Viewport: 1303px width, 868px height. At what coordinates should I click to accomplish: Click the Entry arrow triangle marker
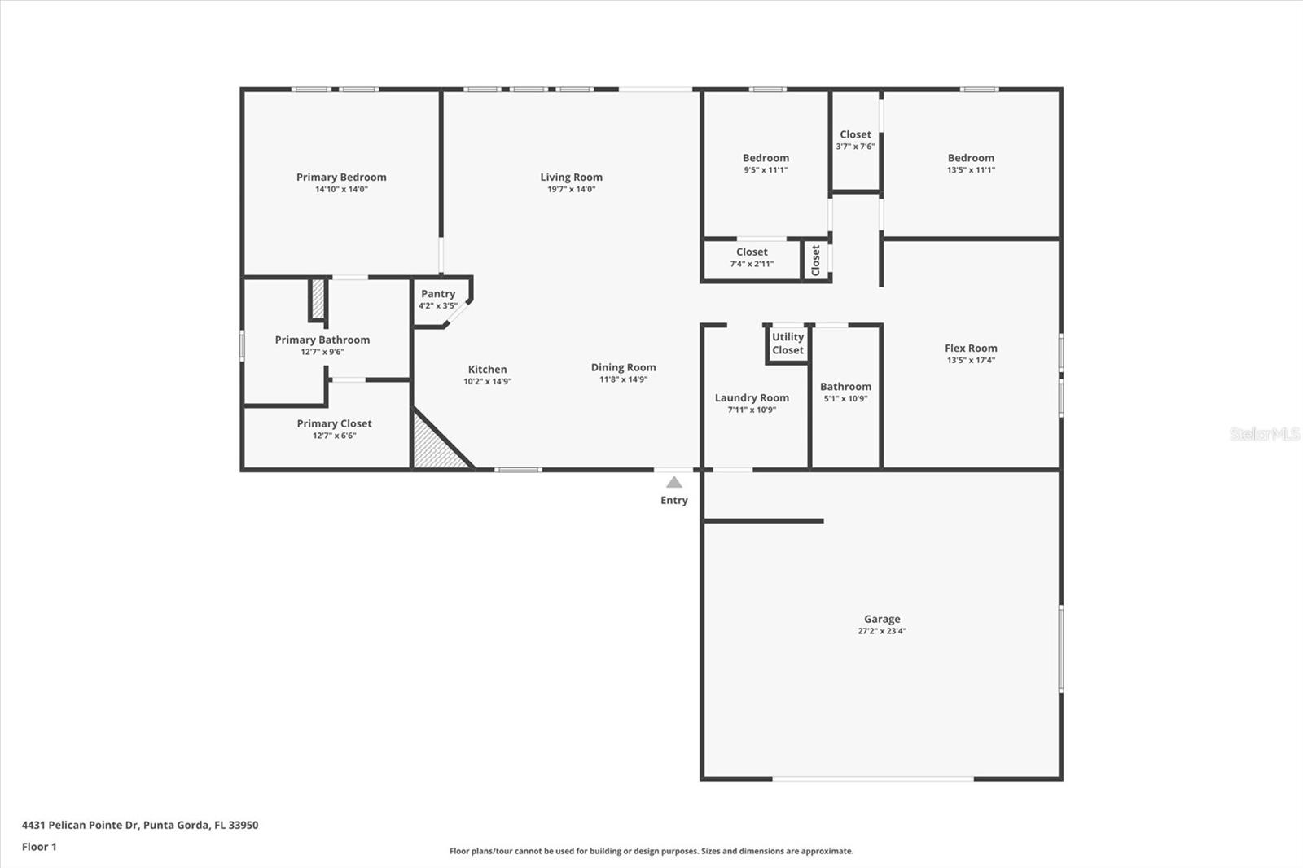pyautogui.click(x=674, y=482)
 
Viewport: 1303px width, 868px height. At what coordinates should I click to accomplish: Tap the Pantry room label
pyautogui.click(x=438, y=294)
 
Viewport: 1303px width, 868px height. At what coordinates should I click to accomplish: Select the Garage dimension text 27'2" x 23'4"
pyautogui.click(x=882, y=631)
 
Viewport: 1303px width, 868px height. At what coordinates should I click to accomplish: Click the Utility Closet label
pyautogui.click(x=788, y=344)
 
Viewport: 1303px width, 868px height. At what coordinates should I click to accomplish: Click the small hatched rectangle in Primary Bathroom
pyautogui.click(x=318, y=300)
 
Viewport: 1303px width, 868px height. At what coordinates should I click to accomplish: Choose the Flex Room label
pyautogui.click(x=971, y=348)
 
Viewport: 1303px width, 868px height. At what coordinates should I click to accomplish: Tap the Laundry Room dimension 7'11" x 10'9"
pyautogui.click(x=752, y=410)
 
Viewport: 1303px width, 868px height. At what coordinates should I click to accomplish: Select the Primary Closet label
pyautogui.click(x=334, y=423)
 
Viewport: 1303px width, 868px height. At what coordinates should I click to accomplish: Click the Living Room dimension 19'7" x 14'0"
pyautogui.click(x=571, y=189)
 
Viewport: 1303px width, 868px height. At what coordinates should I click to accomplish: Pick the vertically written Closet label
pyautogui.click(x=816, y=261)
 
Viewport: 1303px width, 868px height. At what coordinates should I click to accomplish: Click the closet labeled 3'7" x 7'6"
pyautogui.click(x=855, y=140)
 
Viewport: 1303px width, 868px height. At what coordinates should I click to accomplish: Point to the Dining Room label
pyautogui.click(x=623, y=367)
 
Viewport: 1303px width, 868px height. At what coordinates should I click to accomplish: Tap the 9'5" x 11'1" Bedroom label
pyautogui.click(x=766, y=158)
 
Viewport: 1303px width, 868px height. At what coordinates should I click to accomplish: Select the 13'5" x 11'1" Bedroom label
pyautogui.click(x=971, y=158)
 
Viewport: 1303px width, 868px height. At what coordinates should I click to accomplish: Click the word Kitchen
pyautogui.click(x=487, y=370)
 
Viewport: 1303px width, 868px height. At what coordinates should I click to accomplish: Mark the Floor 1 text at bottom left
pyautogui.click(x=39, y=847)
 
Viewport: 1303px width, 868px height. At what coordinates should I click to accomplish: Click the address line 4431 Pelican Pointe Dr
pyautogui.click(x=139, y=825)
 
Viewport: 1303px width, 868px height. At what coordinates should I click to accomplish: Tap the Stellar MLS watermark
pyautogui.click(x=1264, y=434)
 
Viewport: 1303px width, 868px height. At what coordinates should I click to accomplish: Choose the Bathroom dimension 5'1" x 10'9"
pyautogui.click(x=845, y=399)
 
